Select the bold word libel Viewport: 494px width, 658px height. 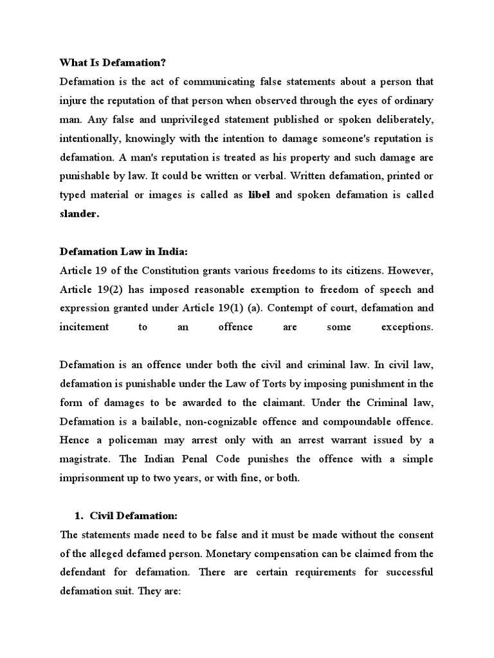(260, 194)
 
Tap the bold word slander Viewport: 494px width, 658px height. (79, 213)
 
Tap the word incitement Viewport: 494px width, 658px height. (84, 326)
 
